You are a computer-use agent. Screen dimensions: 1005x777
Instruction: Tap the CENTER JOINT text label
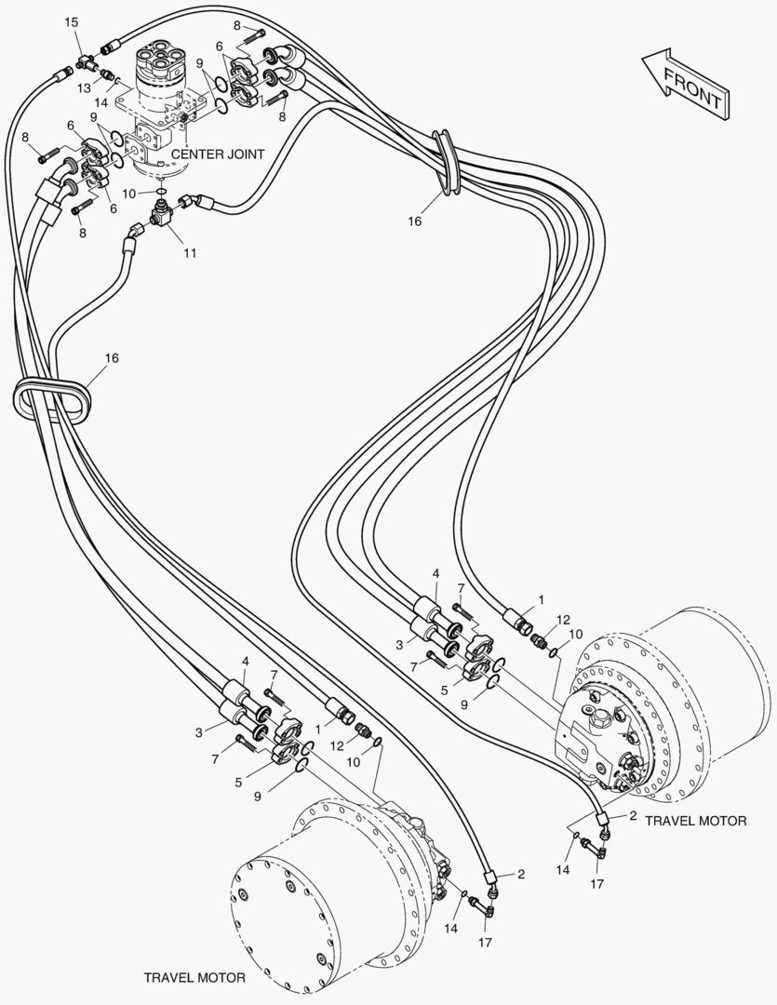(x=218, y=154)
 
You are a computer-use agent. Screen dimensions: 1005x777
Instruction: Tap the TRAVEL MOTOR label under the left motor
(x=194, y=978)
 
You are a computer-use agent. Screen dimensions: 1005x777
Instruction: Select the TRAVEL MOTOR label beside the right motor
(x=695, y=821)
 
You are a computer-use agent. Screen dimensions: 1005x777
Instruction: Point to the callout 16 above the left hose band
(x=112, y=357)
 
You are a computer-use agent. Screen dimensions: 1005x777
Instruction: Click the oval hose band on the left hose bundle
(x=54, y=398)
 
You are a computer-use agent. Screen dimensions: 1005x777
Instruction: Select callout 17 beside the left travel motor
(x=486, y=942)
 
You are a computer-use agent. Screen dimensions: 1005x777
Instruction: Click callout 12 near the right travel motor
(x=563, y=620)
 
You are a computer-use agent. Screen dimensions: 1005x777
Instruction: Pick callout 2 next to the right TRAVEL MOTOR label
(x=633, y=816)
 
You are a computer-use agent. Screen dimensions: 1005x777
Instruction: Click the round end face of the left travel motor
(x=279, y=911)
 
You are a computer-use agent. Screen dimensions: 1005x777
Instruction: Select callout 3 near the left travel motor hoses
(x=198, y=732)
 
